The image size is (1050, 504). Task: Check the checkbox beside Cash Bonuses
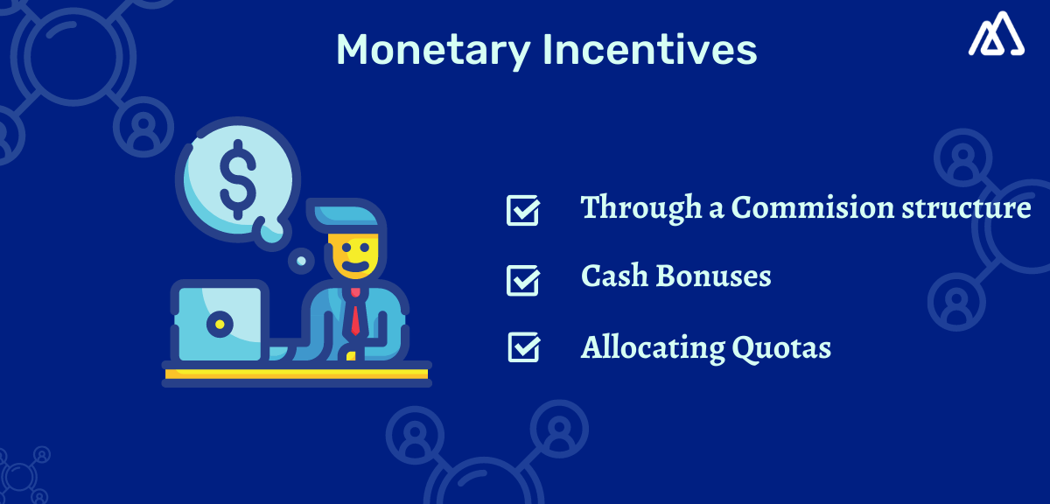(522, 280)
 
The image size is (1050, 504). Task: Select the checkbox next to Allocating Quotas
(522, 347)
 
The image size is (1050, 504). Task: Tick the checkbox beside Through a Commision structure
(522, 211)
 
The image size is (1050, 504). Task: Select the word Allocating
(652, 348)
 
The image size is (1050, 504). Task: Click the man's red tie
(355, 316)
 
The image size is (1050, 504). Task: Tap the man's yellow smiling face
(354, 255)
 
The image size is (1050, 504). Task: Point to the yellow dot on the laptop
(219, 325)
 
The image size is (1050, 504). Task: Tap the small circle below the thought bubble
(300, 260)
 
